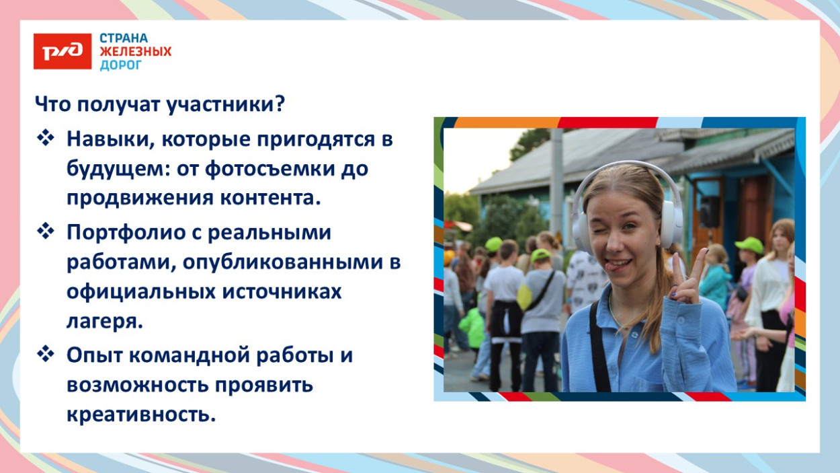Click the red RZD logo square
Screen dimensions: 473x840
[62, 51]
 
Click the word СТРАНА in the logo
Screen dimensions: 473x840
[124, 38]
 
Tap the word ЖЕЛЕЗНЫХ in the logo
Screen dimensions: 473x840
[135, 52]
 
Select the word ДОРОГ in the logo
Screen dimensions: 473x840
[121, 65]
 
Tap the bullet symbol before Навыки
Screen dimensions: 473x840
[46, 139]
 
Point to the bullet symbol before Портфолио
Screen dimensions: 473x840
[46, 232]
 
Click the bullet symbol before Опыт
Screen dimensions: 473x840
[46, 355]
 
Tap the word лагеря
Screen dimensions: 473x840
[104, 322]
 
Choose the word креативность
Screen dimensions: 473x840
[141, 414]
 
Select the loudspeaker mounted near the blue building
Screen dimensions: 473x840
[710, 212]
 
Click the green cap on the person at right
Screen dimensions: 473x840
[749, 245]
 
